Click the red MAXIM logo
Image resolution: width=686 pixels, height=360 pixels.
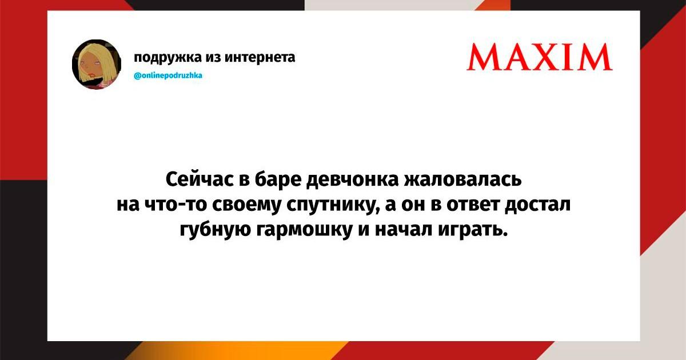tap(540, 57)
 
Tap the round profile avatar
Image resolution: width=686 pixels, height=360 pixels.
tap(97, 64)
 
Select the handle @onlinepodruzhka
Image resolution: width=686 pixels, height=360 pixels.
tap(168, 75)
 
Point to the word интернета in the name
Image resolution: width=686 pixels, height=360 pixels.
tap(260, 57)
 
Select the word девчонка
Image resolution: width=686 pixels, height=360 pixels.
tap(353, 179)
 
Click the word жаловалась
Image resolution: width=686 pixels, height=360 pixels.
tap(462, 179)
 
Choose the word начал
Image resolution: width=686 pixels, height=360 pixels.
tap(404, 230)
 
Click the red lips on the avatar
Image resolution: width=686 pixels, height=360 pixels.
tap(91, 74)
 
